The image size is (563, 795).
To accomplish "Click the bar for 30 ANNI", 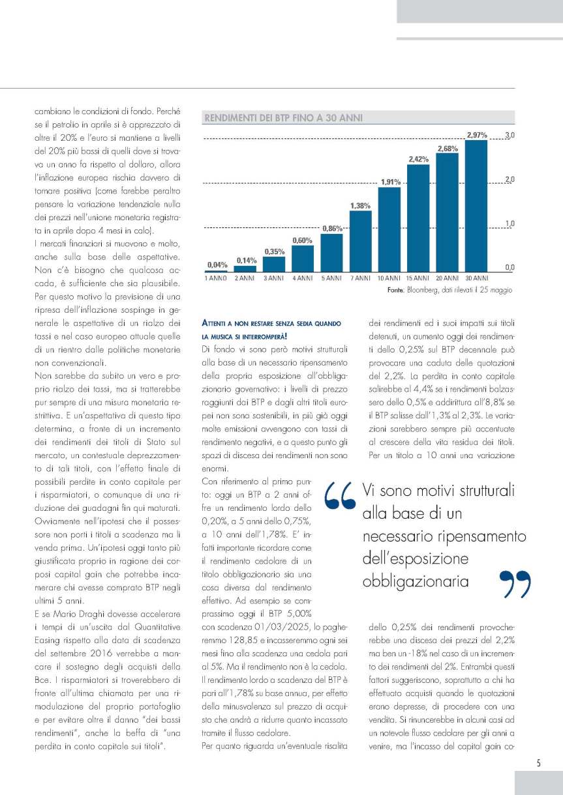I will [x=476, y=205].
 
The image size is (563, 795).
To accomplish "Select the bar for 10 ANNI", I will [x=389, y=228].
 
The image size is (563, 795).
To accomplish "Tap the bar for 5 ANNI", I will [x=331, y=252].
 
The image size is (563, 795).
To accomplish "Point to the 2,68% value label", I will [x=447, y=149].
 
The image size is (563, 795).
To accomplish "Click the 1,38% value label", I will [x=361, y=206].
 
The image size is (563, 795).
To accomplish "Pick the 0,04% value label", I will [x=217, y=265].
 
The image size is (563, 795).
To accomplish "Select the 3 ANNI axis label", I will [x=273, y=278].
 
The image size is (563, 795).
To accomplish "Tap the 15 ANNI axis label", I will [x=418, y=278].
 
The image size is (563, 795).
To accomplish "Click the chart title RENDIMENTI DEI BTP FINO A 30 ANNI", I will [x=283, y=119].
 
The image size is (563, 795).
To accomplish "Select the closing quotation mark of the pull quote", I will [x=515, y=583].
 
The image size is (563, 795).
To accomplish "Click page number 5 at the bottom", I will [x=539, y=764].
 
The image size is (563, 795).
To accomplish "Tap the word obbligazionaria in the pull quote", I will [x=415, y=580].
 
